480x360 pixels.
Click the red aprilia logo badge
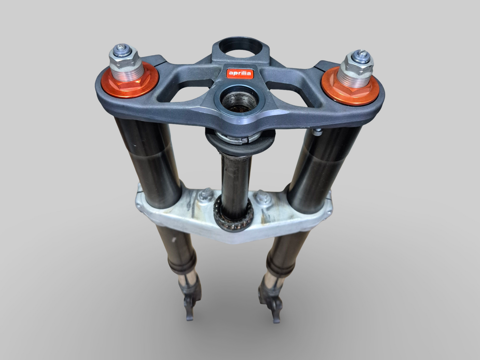click(x=239, y=73)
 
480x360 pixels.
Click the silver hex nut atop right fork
click(x=358, y=61)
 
